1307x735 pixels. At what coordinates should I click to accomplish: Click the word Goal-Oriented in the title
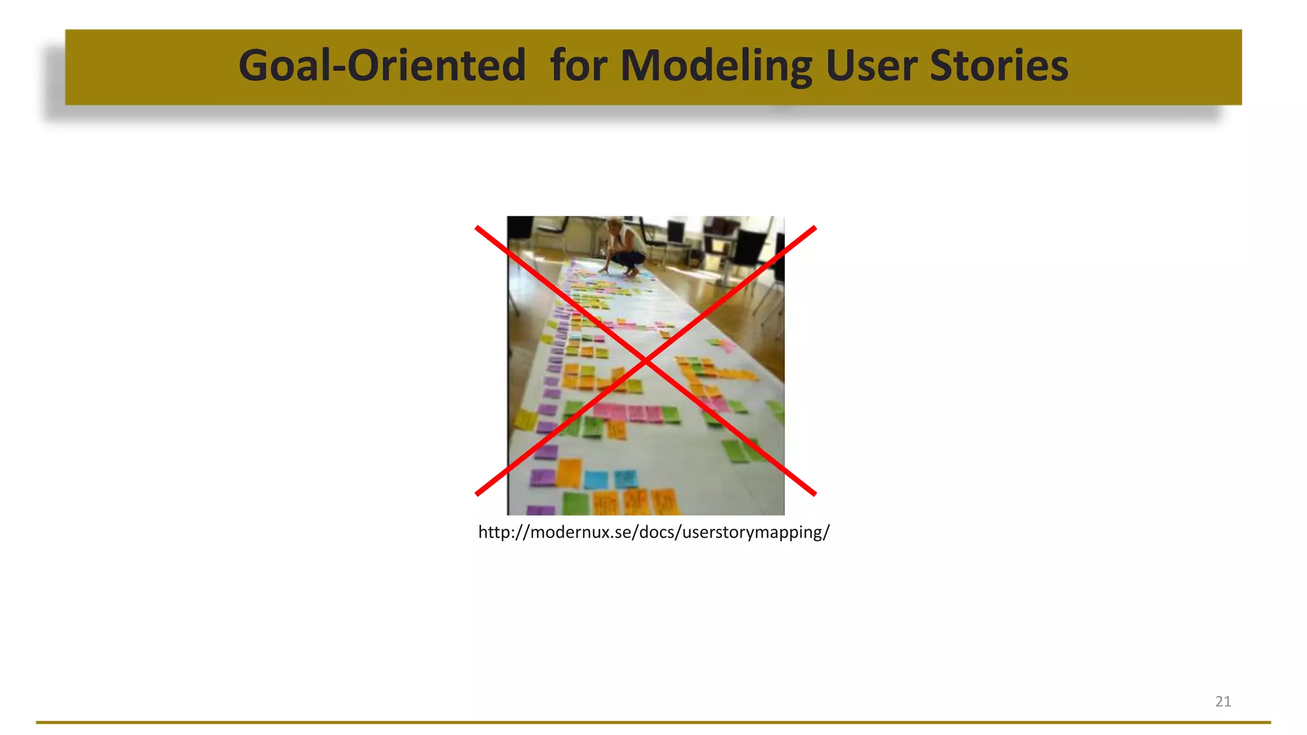[382, 66]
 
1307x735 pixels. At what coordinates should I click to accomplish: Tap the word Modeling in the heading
[716, 66]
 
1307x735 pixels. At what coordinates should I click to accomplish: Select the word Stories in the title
[999, 66]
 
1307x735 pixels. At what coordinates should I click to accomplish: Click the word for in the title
[578, 66]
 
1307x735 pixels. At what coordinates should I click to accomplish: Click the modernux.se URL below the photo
[653, 532]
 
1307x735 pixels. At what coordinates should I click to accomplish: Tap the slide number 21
[1223, 701]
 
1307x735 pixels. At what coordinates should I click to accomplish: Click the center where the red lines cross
[646, 361]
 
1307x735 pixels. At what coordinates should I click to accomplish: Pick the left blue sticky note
[596, 479]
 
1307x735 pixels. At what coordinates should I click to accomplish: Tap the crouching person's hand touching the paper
[602, 271]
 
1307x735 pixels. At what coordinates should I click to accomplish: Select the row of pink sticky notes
[629, 412]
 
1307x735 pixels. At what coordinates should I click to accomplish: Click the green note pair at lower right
[742, 450]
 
